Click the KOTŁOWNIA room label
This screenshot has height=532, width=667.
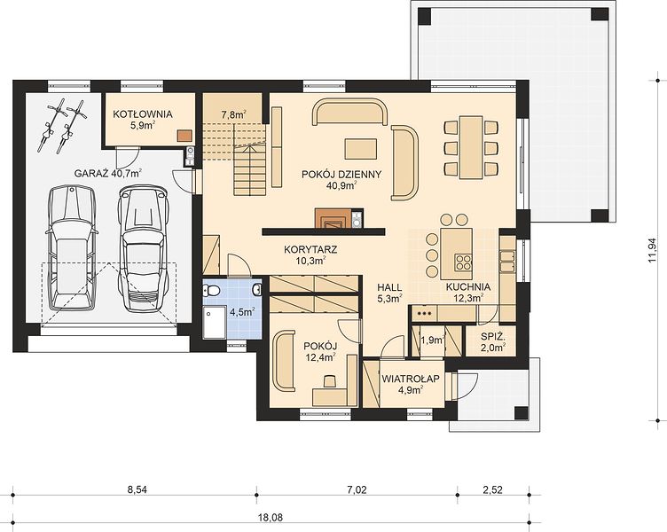(x=143, y=114)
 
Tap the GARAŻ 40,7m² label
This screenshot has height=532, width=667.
(x=108, y=173)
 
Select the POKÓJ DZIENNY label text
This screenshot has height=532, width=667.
(x=341, y=175)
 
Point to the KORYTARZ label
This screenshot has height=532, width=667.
(x=310, y=249)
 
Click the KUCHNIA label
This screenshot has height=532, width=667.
(x=468, y=287)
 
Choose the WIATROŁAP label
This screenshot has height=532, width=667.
(x=411, y=379)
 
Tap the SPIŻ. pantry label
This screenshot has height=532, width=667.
(x=493, y=337)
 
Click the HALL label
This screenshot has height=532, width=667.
(x=389, y=287)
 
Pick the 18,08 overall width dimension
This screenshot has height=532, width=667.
(x=271, y=518)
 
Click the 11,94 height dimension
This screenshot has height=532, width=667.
(x=652, y=250)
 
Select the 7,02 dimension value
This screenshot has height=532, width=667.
(x=357, y=490)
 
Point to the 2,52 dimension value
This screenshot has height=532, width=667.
(x=492, y=490)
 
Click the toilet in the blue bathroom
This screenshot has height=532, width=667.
(x=211, y=291)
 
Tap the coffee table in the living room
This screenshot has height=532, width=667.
(x=361, y=149)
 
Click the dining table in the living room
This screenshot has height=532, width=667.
(x=471, y=147)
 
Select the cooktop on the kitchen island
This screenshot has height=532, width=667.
(x=463, y=262)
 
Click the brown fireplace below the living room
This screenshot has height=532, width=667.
(x=333, y=218)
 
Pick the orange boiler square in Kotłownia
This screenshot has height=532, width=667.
(x=184, y=135)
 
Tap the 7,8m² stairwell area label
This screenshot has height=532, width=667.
(x=234, y=114)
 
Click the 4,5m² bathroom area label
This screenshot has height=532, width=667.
(x=242, y=312)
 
